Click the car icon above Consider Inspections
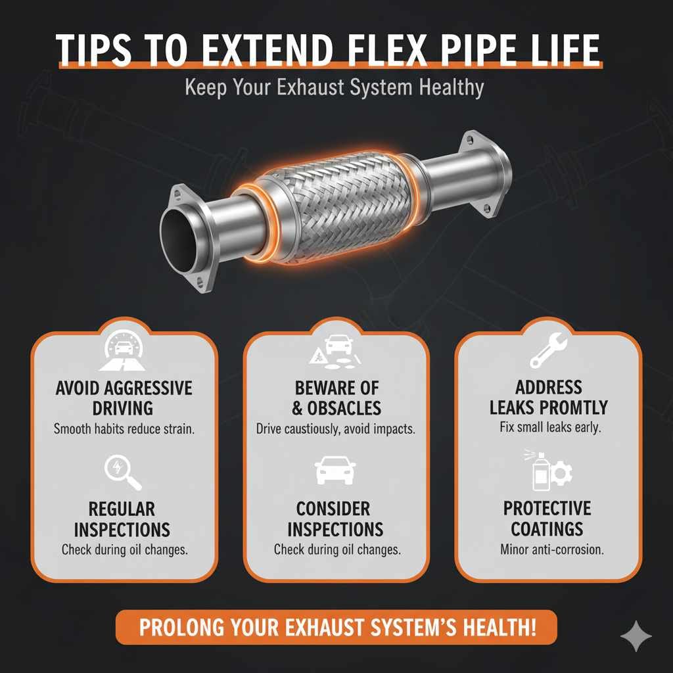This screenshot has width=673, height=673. click(x=336, y=471)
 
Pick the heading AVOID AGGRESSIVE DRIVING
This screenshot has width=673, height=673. click(x=124, y=398)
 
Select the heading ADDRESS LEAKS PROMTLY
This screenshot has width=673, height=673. click(x=548, y=397)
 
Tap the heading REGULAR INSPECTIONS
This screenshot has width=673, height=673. click(x=122, y=519)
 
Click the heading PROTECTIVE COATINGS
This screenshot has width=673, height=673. click(x=547, y=519)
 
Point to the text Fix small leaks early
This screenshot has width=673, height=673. click(x=548, y=428)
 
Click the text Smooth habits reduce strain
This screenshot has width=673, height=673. click(x=124, y=430)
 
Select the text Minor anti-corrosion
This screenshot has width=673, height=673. click(x=548, y=549)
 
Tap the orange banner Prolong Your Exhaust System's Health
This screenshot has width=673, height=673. click(x=336, y=627)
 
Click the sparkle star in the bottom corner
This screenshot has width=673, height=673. click(x=636, y=636)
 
